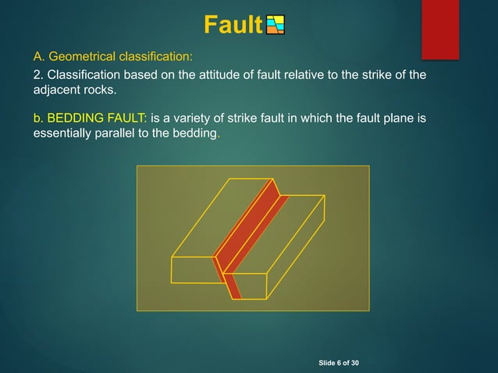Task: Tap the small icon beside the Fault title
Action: click(275, 26)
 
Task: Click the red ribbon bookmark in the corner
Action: click(440, 27)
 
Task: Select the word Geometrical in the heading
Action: click(81, 57)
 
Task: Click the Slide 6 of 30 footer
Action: click(344, 364)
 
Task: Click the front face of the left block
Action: click(193, 270)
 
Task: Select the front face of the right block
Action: click(251, 286)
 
